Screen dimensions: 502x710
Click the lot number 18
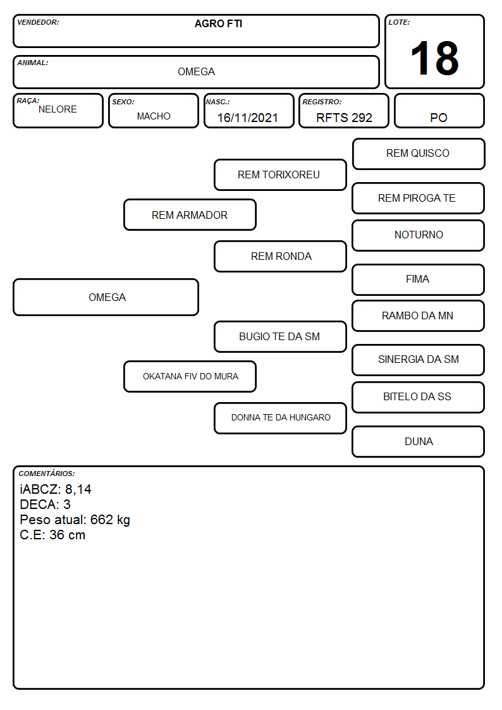pyautogui.click(x=434, y=58)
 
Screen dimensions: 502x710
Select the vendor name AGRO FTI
pyautogui.click(x=218, y=24)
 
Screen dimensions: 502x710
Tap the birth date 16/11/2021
pyautogui.click(x=248, y=118)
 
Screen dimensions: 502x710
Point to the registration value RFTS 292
pyautogui.click(x=344, y=118)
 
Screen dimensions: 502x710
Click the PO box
pyautogui.click(x=439, y=111)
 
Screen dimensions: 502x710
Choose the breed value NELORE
pyautogui.click(x=58, y=109)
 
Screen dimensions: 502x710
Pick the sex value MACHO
pyautogui.click(x=154, y=116)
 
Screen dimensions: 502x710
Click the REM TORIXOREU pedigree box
pyautogui.click(x=280, y=174)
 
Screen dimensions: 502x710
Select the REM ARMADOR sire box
pyautogui.click(x=190, y=215)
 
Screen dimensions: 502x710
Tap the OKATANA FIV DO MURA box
pyautogui.click(x=190, y=376)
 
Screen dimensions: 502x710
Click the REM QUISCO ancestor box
pyautogui.click(x=419, y=154)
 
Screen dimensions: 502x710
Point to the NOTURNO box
pyautogui.click(x=419, y=235)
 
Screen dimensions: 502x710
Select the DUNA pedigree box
pyautogui.click(x=419, y=441)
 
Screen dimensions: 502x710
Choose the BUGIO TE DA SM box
pyautogui.click(x=280, y=336)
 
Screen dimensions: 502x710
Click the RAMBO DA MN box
pyautogui.click(x=419, y=316)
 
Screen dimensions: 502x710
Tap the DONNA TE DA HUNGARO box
pyautogui.click(x=280, y=418)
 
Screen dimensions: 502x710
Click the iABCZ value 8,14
pyautogui.click(x=78, y=489)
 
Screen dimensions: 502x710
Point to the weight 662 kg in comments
pyautogui.click(x=110, y=520)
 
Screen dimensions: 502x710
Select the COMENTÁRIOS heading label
pyautogui.click(x=47, y=474)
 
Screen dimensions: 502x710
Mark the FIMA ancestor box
pyautogui.click(x=419, y=280)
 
